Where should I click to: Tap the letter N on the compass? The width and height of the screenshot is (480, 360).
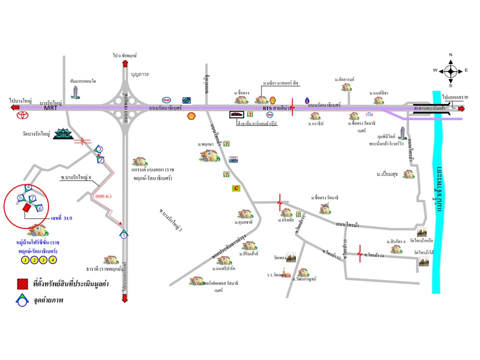[450, 55]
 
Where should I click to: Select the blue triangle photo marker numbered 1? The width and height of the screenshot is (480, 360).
[123, 234]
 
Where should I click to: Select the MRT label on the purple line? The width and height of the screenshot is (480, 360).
[50, 107]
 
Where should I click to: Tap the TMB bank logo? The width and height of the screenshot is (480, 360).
[369, 114]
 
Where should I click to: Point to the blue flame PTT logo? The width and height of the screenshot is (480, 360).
[308, 99]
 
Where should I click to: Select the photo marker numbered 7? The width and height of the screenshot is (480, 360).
[32, 198]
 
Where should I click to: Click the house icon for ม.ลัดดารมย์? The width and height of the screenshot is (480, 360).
[346, 87]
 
